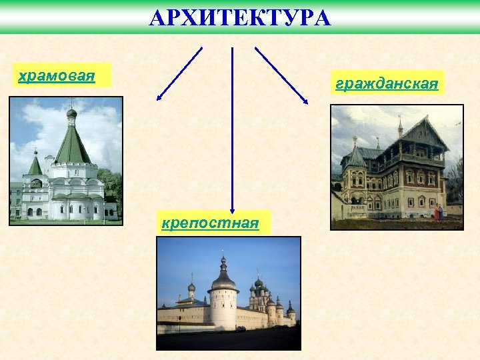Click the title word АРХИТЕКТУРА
tap(240, 17)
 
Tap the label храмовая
tap(57, 75)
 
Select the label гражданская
tap(387, 83)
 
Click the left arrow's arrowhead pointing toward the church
tap(159, 98)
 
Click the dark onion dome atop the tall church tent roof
tap(71, 113)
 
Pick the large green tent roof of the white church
tap(72, 143)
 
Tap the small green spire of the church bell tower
tap(35, 164)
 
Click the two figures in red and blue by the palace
tap(438, 213)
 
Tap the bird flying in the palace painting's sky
tap(457, 123)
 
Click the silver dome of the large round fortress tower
tap(223, 279)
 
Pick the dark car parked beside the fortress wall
tap(241, 328)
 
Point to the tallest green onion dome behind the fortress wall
tap(259, 283)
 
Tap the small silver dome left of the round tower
tap(191, 287)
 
